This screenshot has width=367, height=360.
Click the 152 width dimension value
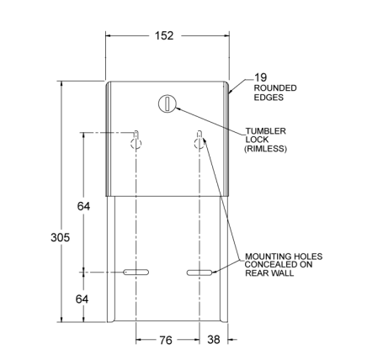click(164, 35)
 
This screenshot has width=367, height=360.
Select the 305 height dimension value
click(60, 237)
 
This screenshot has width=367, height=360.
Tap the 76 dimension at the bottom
click(166, 340)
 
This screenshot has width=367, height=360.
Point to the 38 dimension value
click(214, 340)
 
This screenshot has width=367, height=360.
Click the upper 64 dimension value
click(83, 206)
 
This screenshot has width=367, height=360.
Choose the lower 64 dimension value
click(82, 299)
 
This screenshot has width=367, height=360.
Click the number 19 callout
click(260, 77)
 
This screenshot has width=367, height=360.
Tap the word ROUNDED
click(275, 88)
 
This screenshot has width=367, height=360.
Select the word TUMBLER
click(266, 131)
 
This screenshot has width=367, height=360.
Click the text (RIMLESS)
click(265, 148)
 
